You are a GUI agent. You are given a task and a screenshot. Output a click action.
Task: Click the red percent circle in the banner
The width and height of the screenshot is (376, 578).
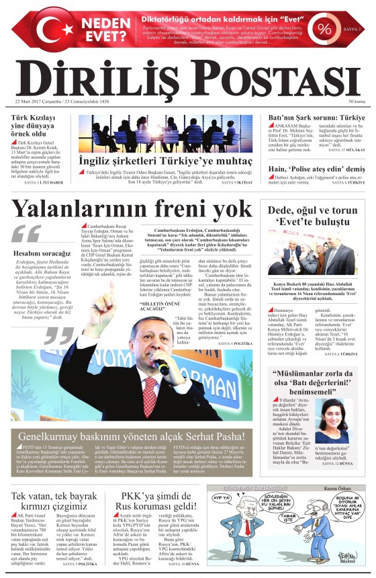click(x=325, y=29)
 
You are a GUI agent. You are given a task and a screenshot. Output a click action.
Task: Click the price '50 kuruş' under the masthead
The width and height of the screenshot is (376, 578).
click(x=357, y=101)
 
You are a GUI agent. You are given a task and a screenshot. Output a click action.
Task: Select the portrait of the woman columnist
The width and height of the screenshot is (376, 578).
click(x=333, y=419)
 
